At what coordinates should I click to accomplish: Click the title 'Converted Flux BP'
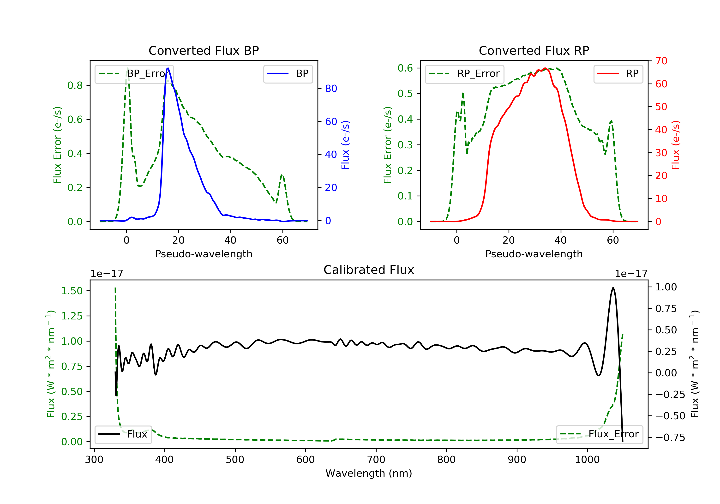coord(204,50)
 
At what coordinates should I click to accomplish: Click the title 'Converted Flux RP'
coord(534,50)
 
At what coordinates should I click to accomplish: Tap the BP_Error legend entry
coord(134,74)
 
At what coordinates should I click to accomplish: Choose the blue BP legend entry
coord(288,74)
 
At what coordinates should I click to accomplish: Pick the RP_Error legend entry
coord(464,74)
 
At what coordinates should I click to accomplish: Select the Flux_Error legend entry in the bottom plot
coord(599,434)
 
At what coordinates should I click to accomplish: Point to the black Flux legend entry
coord(123,434)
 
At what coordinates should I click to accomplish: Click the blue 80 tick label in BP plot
coord(331,89)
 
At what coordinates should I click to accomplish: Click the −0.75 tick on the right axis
coord(670,438)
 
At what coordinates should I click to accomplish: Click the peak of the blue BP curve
coord(168,68)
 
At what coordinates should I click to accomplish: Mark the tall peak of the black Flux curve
coord(613,288)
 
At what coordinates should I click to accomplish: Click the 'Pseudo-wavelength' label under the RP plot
coord(534,254)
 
